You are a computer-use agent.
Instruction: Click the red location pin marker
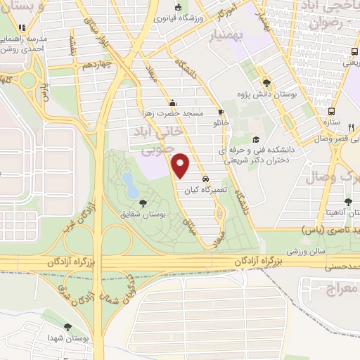click(181, 166)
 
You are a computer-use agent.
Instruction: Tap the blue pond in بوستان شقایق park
click(130, 185)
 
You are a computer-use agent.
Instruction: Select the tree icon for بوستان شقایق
click(143, 202)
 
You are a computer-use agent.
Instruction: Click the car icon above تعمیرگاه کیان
click(205, 178)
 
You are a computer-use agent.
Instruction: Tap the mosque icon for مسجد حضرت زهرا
click(173, 102)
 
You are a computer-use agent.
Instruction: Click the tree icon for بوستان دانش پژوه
click(266, 82)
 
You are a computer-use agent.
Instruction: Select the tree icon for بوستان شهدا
click(67, 327)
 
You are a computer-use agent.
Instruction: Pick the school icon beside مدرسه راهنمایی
click(23, 27)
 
